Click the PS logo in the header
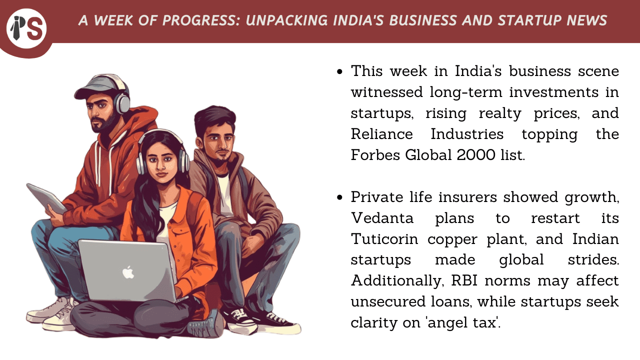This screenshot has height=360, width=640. tap(26, 28)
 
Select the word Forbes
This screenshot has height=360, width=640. tap(375, 155)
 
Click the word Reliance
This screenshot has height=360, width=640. tap(381, 134)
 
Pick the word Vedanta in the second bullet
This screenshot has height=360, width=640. tap(382, 218)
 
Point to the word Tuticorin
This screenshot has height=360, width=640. tap(384, 239)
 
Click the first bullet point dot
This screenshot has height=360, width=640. tap(339, 71)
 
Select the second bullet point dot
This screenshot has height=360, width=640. tap(339, 197)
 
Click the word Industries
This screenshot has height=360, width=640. tap(467, 134)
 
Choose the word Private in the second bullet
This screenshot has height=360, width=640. tap(377, 197)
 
